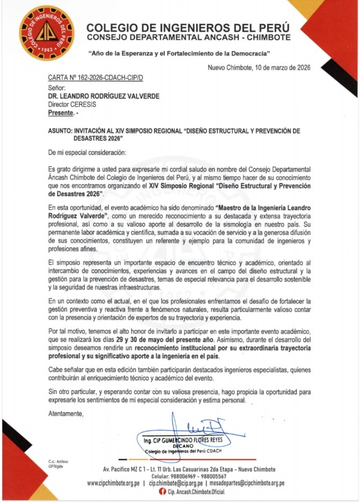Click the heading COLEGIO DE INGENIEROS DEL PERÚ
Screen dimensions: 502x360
[188, 27]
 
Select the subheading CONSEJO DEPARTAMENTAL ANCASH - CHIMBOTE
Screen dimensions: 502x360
[188, 37]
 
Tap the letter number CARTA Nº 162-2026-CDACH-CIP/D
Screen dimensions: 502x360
[95, 79]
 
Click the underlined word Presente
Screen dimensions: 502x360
[61, 114]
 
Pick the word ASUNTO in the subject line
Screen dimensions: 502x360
[60, 131]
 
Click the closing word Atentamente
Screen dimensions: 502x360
[66, 413]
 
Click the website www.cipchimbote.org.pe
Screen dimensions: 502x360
[113, 483]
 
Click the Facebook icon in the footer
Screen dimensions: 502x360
[162, 492]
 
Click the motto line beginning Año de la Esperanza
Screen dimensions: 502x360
[179, 54]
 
